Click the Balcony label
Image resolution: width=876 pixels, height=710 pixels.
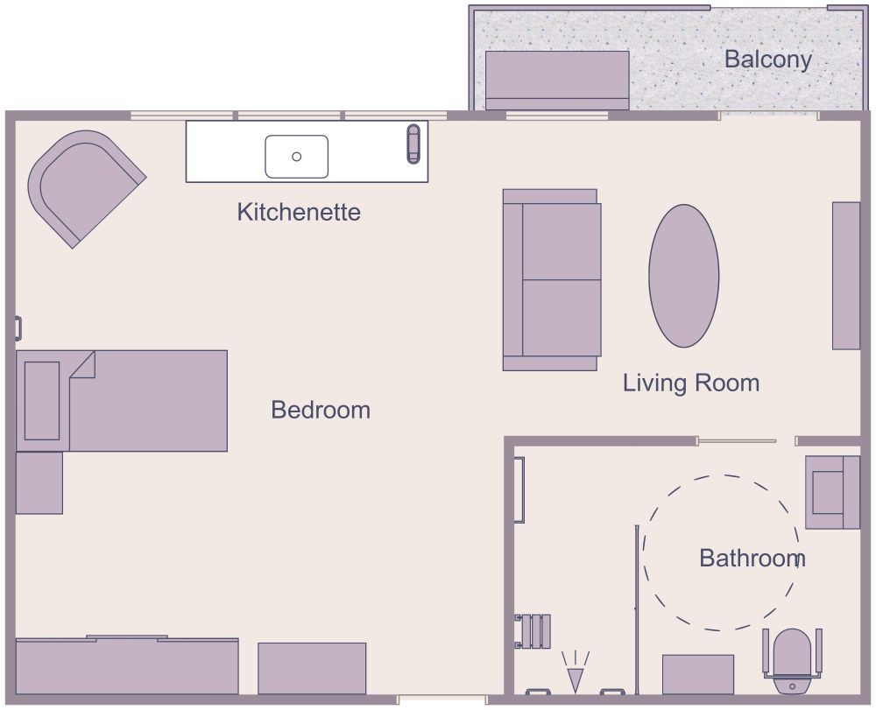tap(767, 60)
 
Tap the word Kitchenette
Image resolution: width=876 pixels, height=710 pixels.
tap(299, 212)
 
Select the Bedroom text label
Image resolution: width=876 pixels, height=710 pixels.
tap(321, 410)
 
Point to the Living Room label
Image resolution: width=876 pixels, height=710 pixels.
tap(690, 383)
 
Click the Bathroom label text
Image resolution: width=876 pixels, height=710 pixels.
tap(752, 558)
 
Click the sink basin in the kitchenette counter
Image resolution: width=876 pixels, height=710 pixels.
tap(297, 157)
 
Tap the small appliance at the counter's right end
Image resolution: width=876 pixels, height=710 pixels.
tap(413, 144)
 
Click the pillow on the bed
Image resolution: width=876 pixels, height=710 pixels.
tap(41, 400)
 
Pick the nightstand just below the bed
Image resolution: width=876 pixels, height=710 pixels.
tap(39, 482)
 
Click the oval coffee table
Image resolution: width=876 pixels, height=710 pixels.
tap(683, 276)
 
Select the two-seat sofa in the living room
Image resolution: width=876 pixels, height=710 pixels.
tap(551, 279)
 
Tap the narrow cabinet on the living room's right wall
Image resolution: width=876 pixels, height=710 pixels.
tap(845, 276)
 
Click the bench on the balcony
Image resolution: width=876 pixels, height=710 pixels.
tap(557, 80)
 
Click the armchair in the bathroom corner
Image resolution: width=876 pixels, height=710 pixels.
tap(831, 492)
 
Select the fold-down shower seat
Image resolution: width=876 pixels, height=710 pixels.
tap(533, 631)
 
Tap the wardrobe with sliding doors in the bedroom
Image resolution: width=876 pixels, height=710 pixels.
tap(127, 666)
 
